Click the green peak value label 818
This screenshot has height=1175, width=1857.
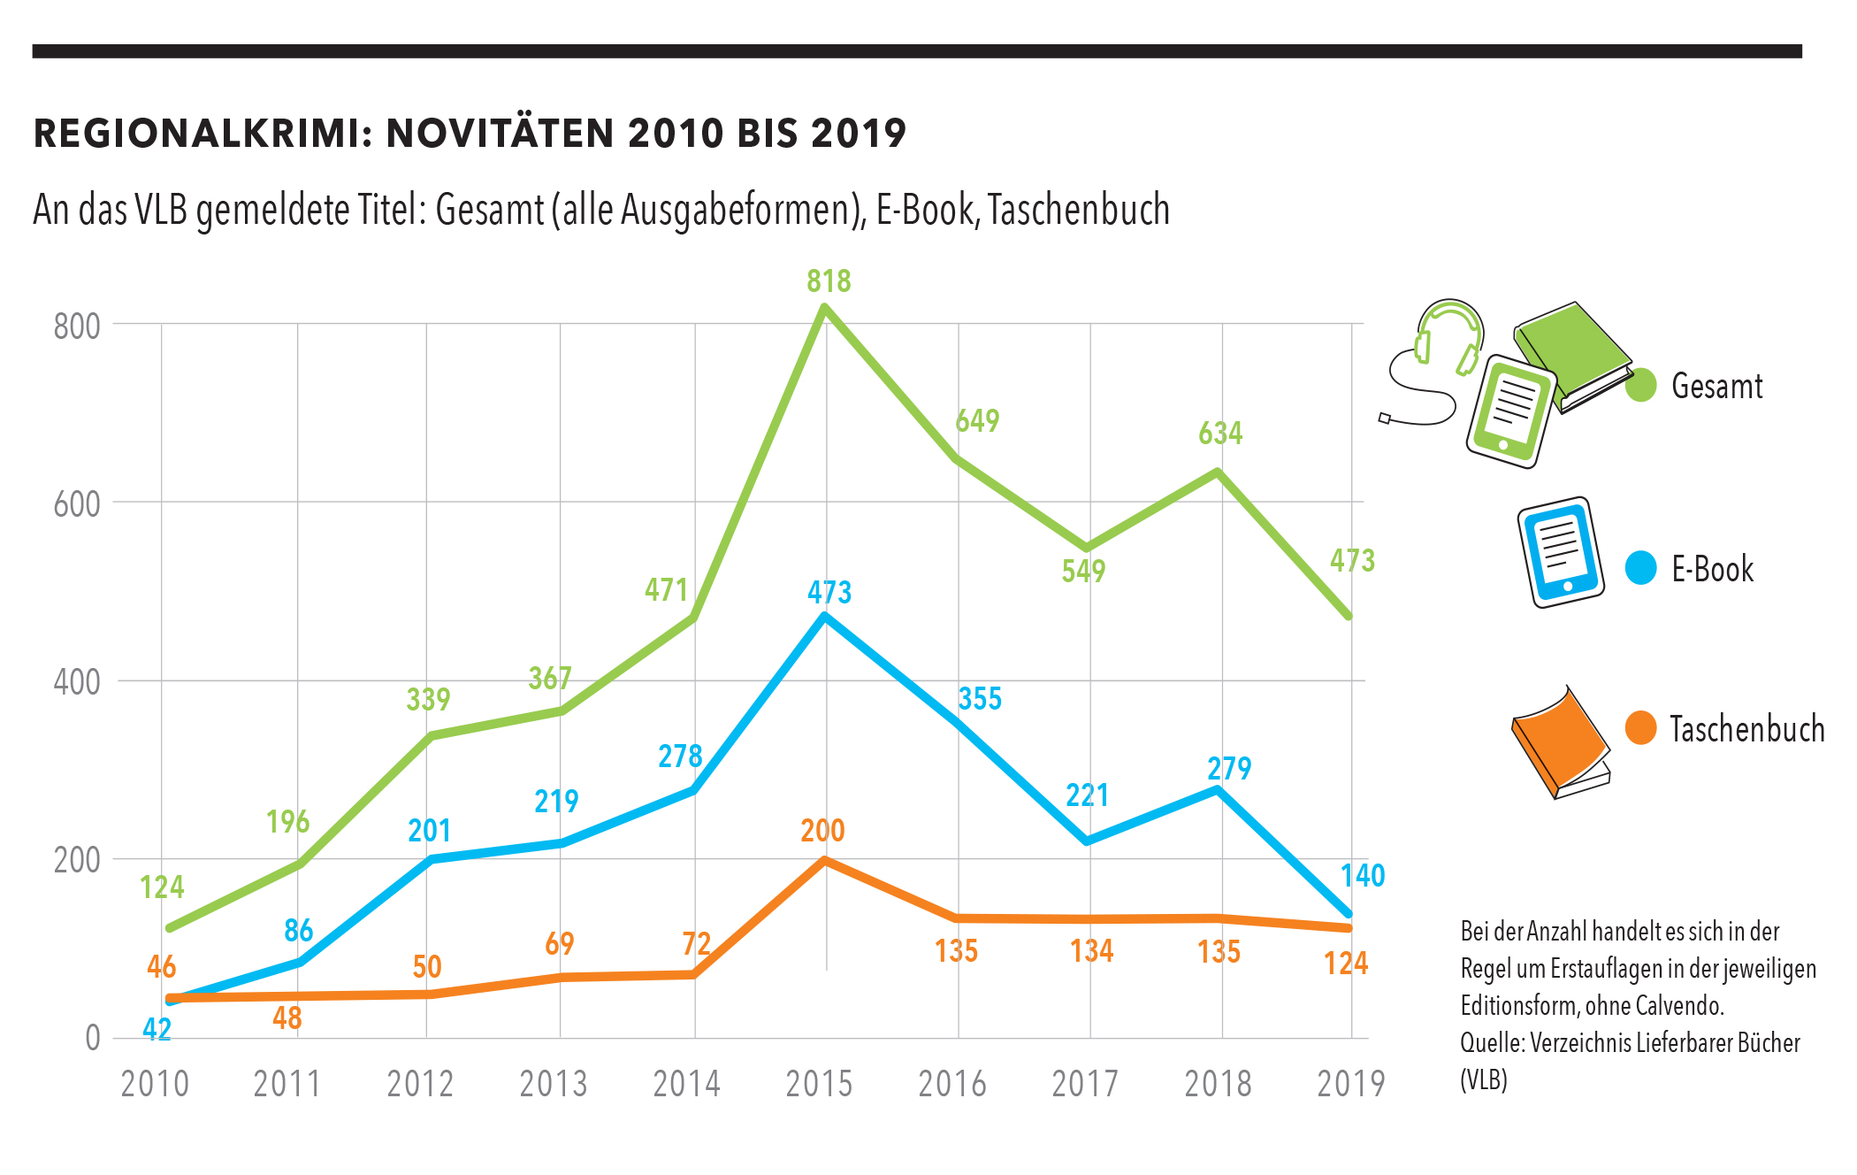pos(829,281)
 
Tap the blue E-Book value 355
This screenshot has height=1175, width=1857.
pos(980,699)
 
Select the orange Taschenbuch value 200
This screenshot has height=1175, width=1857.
pos(822,831)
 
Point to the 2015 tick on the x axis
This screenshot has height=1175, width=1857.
pos(819,1084)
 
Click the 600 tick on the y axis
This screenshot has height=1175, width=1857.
pos(77,504)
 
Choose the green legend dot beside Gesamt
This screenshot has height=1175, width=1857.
pos(1640,386)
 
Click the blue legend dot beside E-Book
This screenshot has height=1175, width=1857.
pos(1640,568)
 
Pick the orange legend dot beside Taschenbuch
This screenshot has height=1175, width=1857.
pos(1640,728)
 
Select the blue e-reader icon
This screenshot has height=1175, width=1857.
pos(1561,552)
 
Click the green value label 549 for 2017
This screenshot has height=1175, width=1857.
pos(1083,571)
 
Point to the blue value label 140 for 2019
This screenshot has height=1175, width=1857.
pos(1363,876)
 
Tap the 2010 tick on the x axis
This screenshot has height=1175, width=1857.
pos(155,1084)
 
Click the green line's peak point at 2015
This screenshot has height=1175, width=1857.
pos(824,308)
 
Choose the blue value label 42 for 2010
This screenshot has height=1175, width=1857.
pos(157,1029)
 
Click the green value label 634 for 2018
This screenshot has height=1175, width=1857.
pos(1220,434)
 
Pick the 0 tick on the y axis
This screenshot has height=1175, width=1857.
pos(92,1038)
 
